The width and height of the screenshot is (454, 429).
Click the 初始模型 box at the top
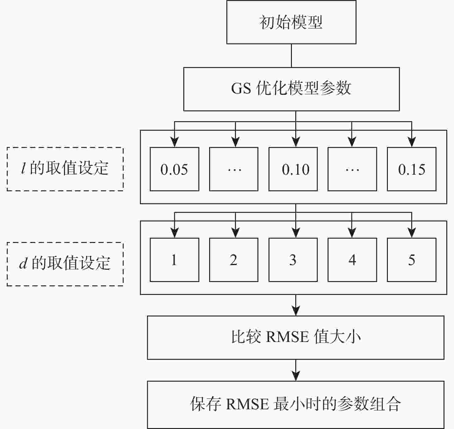point(291,22)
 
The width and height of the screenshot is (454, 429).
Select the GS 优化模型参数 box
point(291,89)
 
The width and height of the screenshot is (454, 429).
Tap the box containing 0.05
point(174,169)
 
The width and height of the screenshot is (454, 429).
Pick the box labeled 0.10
point(293,169)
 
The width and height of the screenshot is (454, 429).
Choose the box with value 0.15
point(412,169)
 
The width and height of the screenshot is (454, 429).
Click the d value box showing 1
point(174,260)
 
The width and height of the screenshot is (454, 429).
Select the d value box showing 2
point(234,260)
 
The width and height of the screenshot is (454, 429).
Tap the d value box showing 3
point(293,260)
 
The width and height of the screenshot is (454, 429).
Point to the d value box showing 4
point(352,260)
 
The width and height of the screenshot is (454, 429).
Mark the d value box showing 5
point(412,260)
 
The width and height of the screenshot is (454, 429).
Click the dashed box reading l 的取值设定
point(65,169)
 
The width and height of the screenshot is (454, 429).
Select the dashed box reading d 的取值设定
point(65,264)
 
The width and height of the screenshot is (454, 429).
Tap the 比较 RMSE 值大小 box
point(296,338)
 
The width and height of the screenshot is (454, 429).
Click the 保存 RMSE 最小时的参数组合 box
point(296,405)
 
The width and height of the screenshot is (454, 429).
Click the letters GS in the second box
point(241,88)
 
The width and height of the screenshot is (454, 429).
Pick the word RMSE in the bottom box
point(248,404)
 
